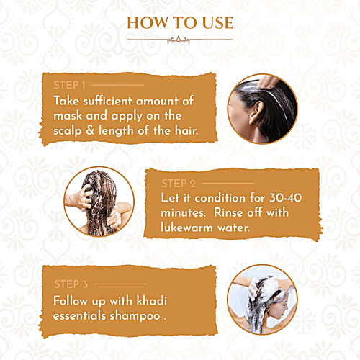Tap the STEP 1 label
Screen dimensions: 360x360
[x=69, y=85]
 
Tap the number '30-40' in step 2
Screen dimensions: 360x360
[x=299, y=197]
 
